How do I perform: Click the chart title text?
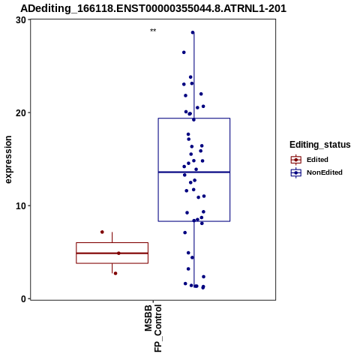153,8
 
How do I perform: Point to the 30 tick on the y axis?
21,20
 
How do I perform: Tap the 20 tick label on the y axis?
21,113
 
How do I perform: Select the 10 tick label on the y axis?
21,206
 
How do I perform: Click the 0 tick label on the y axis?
24,299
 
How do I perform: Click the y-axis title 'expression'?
8,160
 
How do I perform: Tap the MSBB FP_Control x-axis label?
153,328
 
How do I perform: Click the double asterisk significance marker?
153,31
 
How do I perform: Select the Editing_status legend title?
320,145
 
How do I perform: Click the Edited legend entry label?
317,160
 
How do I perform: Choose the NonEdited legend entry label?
325,172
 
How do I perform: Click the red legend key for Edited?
296,160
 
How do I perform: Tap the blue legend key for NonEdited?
296,172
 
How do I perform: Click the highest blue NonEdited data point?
193,32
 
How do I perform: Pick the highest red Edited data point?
102,232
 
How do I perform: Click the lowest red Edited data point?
115,273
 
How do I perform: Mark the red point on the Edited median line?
118,253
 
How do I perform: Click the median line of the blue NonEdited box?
194,172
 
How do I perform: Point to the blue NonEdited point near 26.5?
184,52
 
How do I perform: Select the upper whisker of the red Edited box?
112,237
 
